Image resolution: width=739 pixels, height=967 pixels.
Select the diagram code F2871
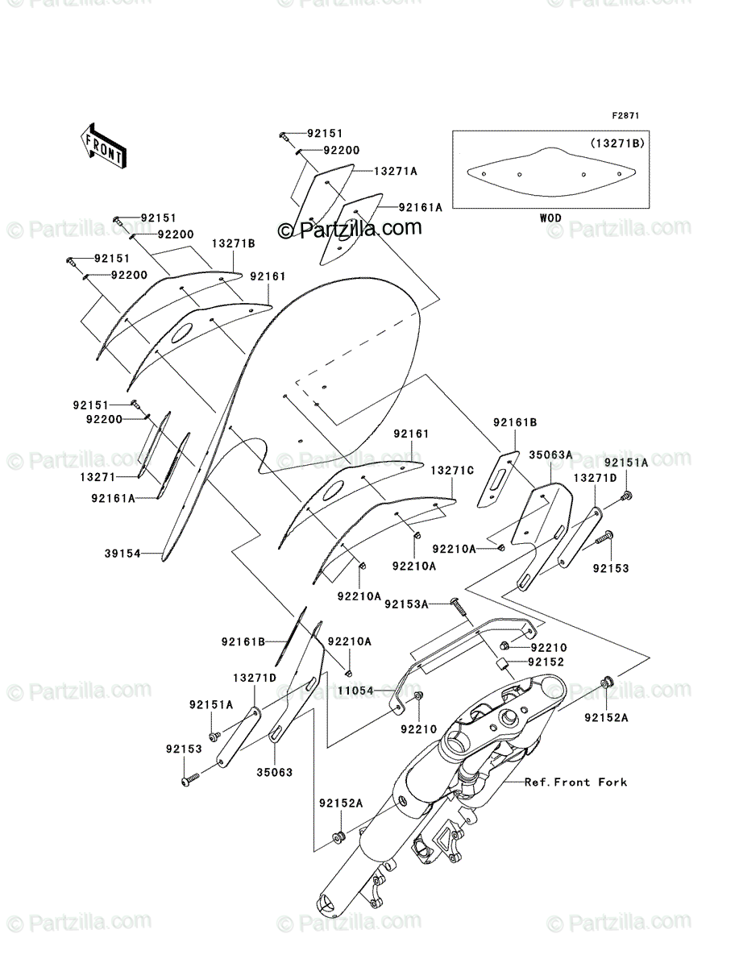point(625,117)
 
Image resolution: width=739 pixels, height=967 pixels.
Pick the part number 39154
point(122,554)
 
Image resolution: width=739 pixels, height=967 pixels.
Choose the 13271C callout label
point(451,470)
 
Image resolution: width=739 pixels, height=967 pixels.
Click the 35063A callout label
point(550,454)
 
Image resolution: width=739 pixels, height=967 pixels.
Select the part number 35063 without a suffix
point(275,771)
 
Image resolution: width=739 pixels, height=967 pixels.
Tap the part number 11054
point(355,691)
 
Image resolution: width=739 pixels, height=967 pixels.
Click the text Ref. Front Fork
point(575,782)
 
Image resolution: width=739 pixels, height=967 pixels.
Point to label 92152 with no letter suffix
point(546,662)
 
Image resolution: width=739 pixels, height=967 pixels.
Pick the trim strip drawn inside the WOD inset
point(550,171)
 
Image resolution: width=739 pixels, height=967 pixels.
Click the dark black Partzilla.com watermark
point(350,230)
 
